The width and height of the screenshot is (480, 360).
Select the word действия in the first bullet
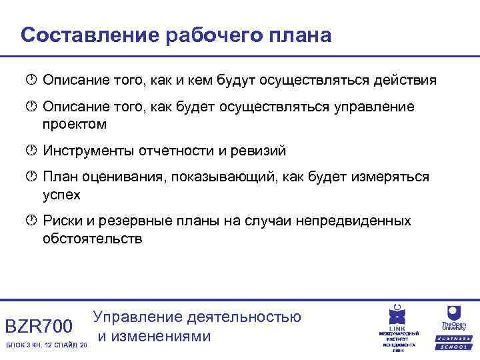(405, 81)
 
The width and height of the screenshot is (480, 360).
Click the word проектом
(75, 124)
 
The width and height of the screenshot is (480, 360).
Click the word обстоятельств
(92, 238)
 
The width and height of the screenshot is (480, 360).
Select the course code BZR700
(39, 326)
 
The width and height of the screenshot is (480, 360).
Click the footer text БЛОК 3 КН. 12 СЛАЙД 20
(45, 345)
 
